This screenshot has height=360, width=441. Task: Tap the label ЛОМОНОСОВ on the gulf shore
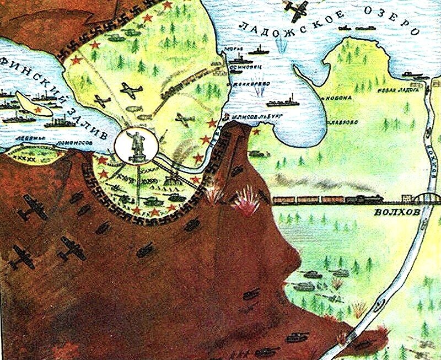click(72, 142)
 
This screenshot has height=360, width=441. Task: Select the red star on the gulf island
click(38, 110)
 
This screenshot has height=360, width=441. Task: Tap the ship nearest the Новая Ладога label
click(411, 73)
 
